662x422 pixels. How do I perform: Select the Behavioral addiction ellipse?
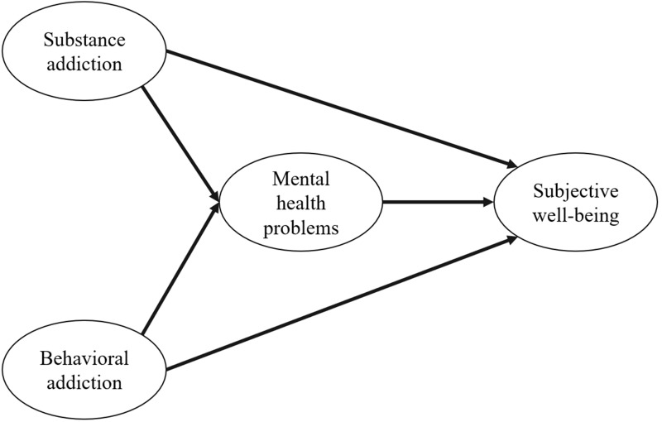coord(85,370)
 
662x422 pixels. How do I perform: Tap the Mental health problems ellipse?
coord(302,201)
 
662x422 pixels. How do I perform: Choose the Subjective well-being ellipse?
coord(578,201)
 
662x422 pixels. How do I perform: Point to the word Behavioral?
coord(85,358)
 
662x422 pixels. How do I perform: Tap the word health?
coord(302,204)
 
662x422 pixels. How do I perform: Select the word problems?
coord(302,228)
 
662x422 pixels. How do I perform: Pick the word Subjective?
coord(578,189)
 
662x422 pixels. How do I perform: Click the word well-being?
coord(578,213)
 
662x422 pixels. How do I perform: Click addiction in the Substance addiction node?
coord(85,63)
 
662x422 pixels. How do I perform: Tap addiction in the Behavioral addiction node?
coord(85,382)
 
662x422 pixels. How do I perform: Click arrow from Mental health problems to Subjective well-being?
coord(434,201)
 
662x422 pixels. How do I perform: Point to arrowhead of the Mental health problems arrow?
coord(487,201)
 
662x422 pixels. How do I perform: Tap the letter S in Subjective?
coord(540,189)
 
